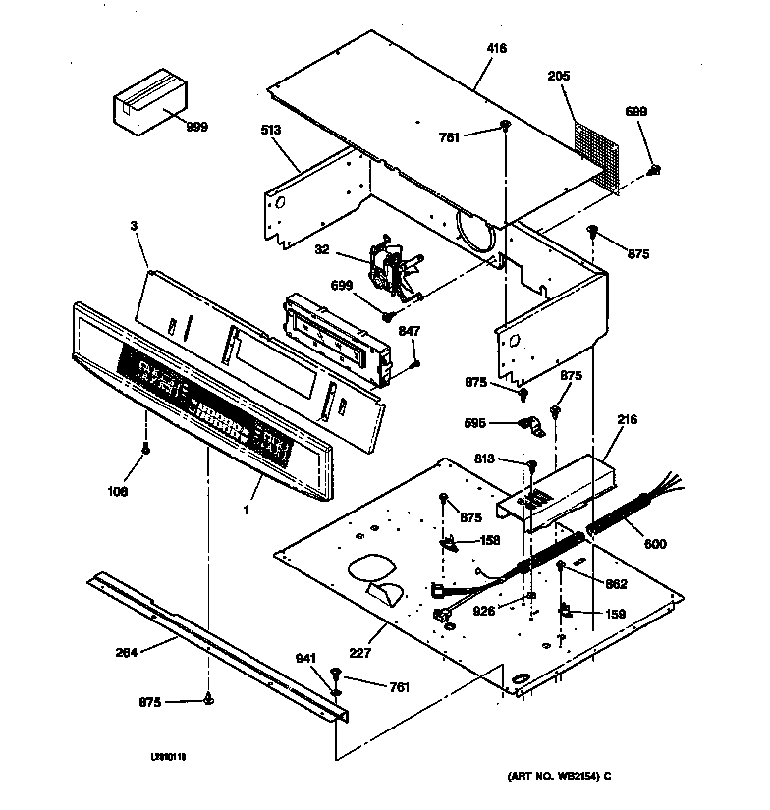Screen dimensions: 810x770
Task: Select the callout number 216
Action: (627, 419)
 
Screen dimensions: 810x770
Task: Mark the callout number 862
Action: (617, 583)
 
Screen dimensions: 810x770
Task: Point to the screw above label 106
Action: (146, 450)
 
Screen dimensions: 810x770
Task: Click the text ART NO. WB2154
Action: (552, 775)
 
